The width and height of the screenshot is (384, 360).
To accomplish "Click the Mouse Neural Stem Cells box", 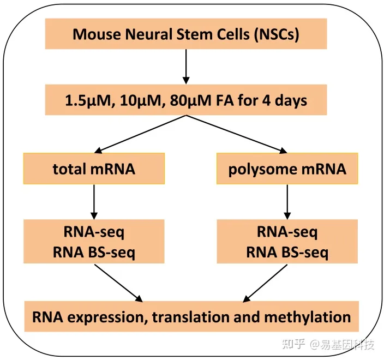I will (x=186, y=34).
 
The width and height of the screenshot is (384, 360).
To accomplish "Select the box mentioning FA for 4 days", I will (x=186, y=100).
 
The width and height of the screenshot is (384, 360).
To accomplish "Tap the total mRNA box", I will (x=94, y=169).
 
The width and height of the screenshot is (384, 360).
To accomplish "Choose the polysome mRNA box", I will (x=287, y=169).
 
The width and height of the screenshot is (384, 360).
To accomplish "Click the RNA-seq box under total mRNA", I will (x=94, y=242).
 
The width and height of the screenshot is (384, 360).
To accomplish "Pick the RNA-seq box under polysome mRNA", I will (x=287, y=242).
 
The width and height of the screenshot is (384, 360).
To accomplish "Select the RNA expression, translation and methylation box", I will (x=191, y=316).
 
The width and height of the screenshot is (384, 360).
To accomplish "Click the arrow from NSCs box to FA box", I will (x=186, y=67).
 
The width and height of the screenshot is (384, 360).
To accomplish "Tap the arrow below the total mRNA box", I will (x=94, y=201).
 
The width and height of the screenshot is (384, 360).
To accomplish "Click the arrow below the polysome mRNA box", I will (x=287, y=201).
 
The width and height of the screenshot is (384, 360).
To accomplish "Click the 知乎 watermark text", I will (x=293, y=344).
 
